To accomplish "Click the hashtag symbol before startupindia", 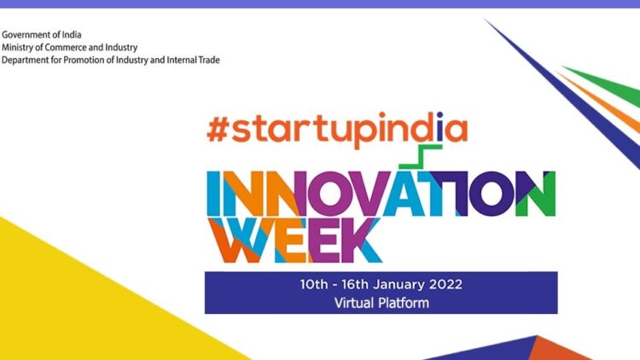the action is (x=217, y=130).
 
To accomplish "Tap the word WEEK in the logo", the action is (x=294, y=240).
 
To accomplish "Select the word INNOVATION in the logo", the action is (x=381, y=194).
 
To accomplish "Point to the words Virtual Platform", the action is (x=381, y=303).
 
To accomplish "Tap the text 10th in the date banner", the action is (x=314, y=284).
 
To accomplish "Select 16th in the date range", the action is (x=355, y=284).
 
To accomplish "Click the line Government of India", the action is (x=42, y=35).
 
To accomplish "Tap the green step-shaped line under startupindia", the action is (x=421, y=156).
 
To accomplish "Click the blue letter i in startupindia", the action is (x=439, y=126).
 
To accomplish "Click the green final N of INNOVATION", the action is (x=535, y=194).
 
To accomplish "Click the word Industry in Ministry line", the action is (x=121, y=48).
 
